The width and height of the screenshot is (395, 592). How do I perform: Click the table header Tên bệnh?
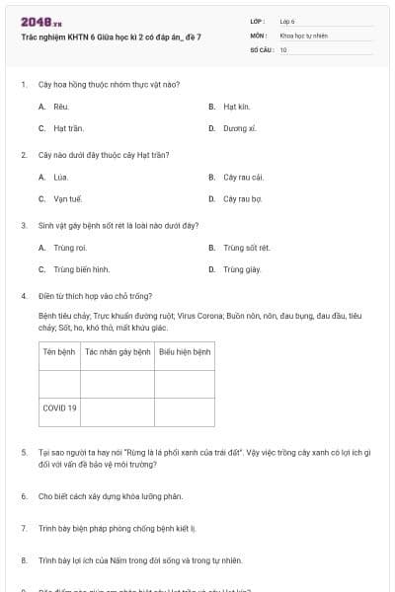pos(59,351)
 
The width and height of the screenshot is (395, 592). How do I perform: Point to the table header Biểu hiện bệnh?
pos(186,351)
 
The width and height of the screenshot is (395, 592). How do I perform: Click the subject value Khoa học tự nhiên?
pos(303,36)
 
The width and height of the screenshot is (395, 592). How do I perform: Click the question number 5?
pos(24,452)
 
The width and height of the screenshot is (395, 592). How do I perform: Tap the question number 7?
pos(24,529)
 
